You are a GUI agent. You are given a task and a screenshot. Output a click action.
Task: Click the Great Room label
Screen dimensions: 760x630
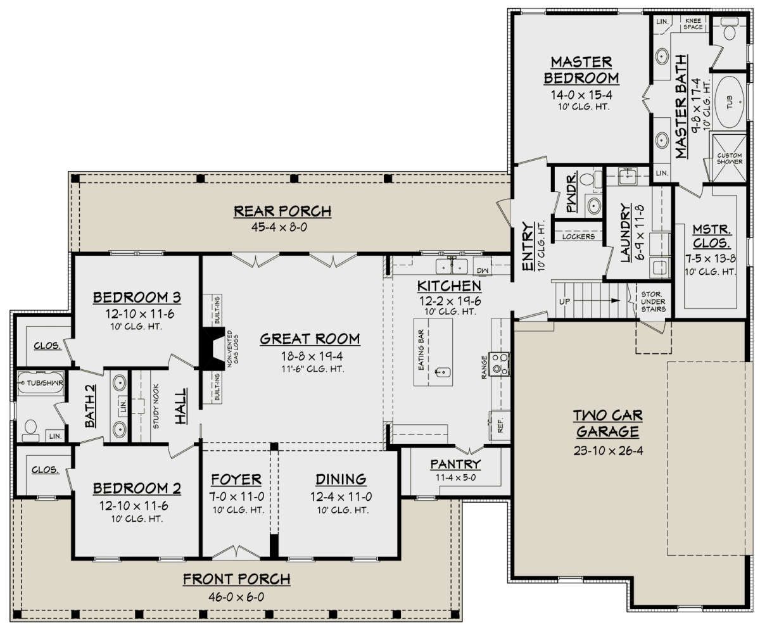coord(310,339)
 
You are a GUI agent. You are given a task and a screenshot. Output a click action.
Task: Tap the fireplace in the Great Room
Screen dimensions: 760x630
coord(213,348)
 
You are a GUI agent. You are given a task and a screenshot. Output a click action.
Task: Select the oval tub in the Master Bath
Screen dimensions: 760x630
coord(729,102)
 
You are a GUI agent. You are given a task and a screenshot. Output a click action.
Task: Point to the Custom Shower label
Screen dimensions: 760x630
coord(730,158)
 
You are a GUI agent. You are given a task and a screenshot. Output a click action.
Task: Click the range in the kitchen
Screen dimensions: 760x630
coord(499,363)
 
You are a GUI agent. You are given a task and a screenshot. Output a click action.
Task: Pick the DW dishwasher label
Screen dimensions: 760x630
coord(483,270)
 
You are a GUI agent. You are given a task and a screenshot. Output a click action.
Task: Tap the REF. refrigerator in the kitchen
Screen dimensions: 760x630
coord(500,425)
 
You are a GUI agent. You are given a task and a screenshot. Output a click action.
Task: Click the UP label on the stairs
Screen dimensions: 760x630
coord(564,301)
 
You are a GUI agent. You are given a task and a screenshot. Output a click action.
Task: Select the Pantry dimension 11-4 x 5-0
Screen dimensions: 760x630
coord(455,477)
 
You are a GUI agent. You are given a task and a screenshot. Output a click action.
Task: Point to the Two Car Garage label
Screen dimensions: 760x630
coord(608,424)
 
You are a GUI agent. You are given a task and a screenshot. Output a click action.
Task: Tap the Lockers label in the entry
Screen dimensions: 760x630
coord(578,237)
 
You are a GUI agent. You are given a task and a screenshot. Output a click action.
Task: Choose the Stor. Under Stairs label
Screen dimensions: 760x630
coord(653,301)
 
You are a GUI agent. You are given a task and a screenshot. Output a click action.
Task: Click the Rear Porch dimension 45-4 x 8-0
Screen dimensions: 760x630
coord(279,227)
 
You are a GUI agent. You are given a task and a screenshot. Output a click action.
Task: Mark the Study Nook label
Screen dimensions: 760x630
coord(156,406)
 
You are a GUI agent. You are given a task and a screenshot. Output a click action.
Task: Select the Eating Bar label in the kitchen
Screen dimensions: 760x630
coord(421,350)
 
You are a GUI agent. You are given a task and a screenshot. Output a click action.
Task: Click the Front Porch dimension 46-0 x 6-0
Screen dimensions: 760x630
coord(236,596)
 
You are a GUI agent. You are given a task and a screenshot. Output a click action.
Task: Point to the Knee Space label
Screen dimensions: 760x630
coord(693,23)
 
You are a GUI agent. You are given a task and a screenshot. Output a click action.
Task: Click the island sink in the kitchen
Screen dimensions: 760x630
coord(443,372)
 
